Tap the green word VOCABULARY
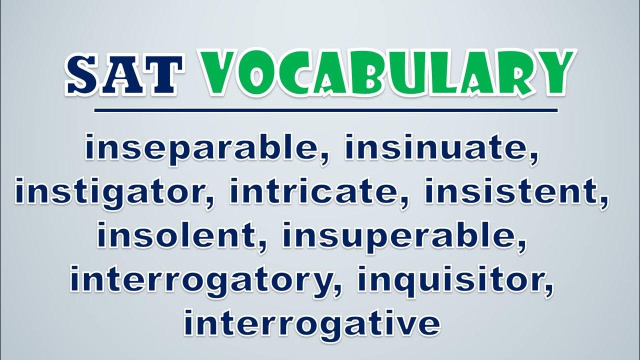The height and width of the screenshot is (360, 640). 388,73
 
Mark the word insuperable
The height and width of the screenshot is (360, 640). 399,237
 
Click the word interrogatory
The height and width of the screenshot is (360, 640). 199,281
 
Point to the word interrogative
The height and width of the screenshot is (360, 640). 312,325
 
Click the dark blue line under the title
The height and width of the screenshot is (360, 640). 325,110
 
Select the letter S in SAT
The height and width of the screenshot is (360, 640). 83,74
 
